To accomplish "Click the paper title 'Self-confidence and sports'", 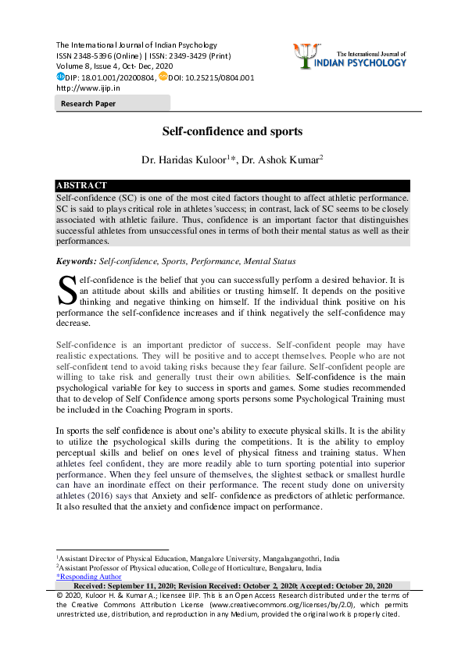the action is tap(232, 132).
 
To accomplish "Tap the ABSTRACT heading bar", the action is tap(232, 186).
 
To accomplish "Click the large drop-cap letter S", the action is tap(66, 290).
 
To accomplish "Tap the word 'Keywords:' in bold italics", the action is tap(76, 260).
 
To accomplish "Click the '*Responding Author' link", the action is tap(88, 577).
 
